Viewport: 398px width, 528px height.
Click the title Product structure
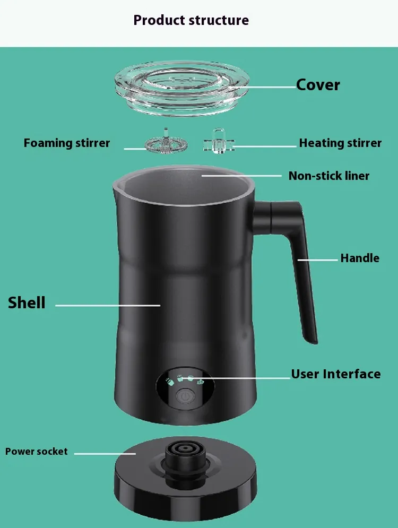click(191, 20)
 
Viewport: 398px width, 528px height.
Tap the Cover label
click(318, 85)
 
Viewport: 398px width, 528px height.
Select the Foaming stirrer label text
click(67, 143)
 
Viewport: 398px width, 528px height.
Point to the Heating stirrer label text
click(340, 143)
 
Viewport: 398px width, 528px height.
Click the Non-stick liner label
click(329, 176)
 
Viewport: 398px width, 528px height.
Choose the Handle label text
click(360, 258)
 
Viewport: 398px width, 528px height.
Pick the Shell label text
click(27, 302)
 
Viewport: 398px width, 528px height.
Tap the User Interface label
click(336, 374)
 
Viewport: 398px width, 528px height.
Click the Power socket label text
click(37, 451)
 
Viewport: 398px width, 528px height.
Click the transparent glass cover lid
click(182, 88)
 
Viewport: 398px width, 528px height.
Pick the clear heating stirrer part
click(219, 142)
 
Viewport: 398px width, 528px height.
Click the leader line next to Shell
click(108, 306)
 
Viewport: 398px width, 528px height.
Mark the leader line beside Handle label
click(317, 260)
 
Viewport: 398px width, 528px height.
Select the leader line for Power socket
click(105, 454)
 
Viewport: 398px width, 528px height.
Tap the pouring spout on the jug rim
click(116, 191)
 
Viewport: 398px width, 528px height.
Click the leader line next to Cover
click(263, 87)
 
